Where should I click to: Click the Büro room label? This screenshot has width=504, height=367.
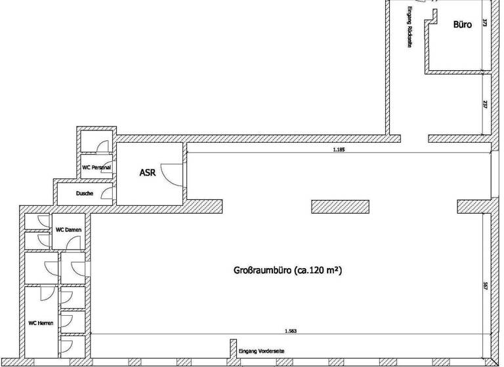[463, 25]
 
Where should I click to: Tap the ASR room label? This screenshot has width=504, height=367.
[147, 173]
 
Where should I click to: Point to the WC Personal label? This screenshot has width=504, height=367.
[96, 168]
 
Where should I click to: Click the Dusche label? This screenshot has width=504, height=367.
[84, 194]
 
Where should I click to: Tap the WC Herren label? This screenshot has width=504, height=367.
[41, 323]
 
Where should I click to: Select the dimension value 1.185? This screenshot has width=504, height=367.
[339, 149]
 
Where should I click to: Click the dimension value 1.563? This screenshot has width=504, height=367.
[291, 331]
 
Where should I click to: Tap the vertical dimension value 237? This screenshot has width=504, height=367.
[485, 105]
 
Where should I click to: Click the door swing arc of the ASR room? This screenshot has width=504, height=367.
[169, 174]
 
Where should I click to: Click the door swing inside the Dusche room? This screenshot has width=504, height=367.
[108, 193]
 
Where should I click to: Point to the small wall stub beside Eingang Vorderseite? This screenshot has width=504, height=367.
[232, 349]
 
